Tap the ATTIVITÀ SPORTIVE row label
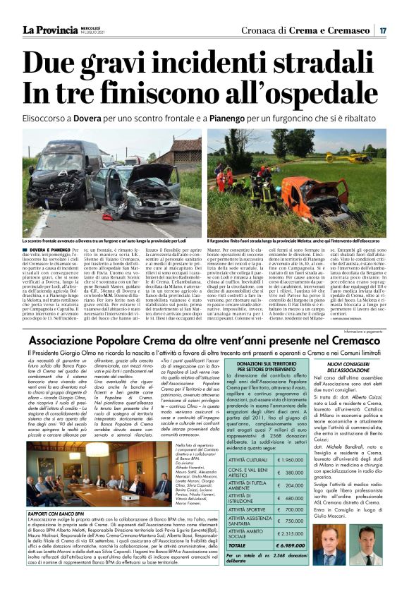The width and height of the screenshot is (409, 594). click(x=245, y=508)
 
